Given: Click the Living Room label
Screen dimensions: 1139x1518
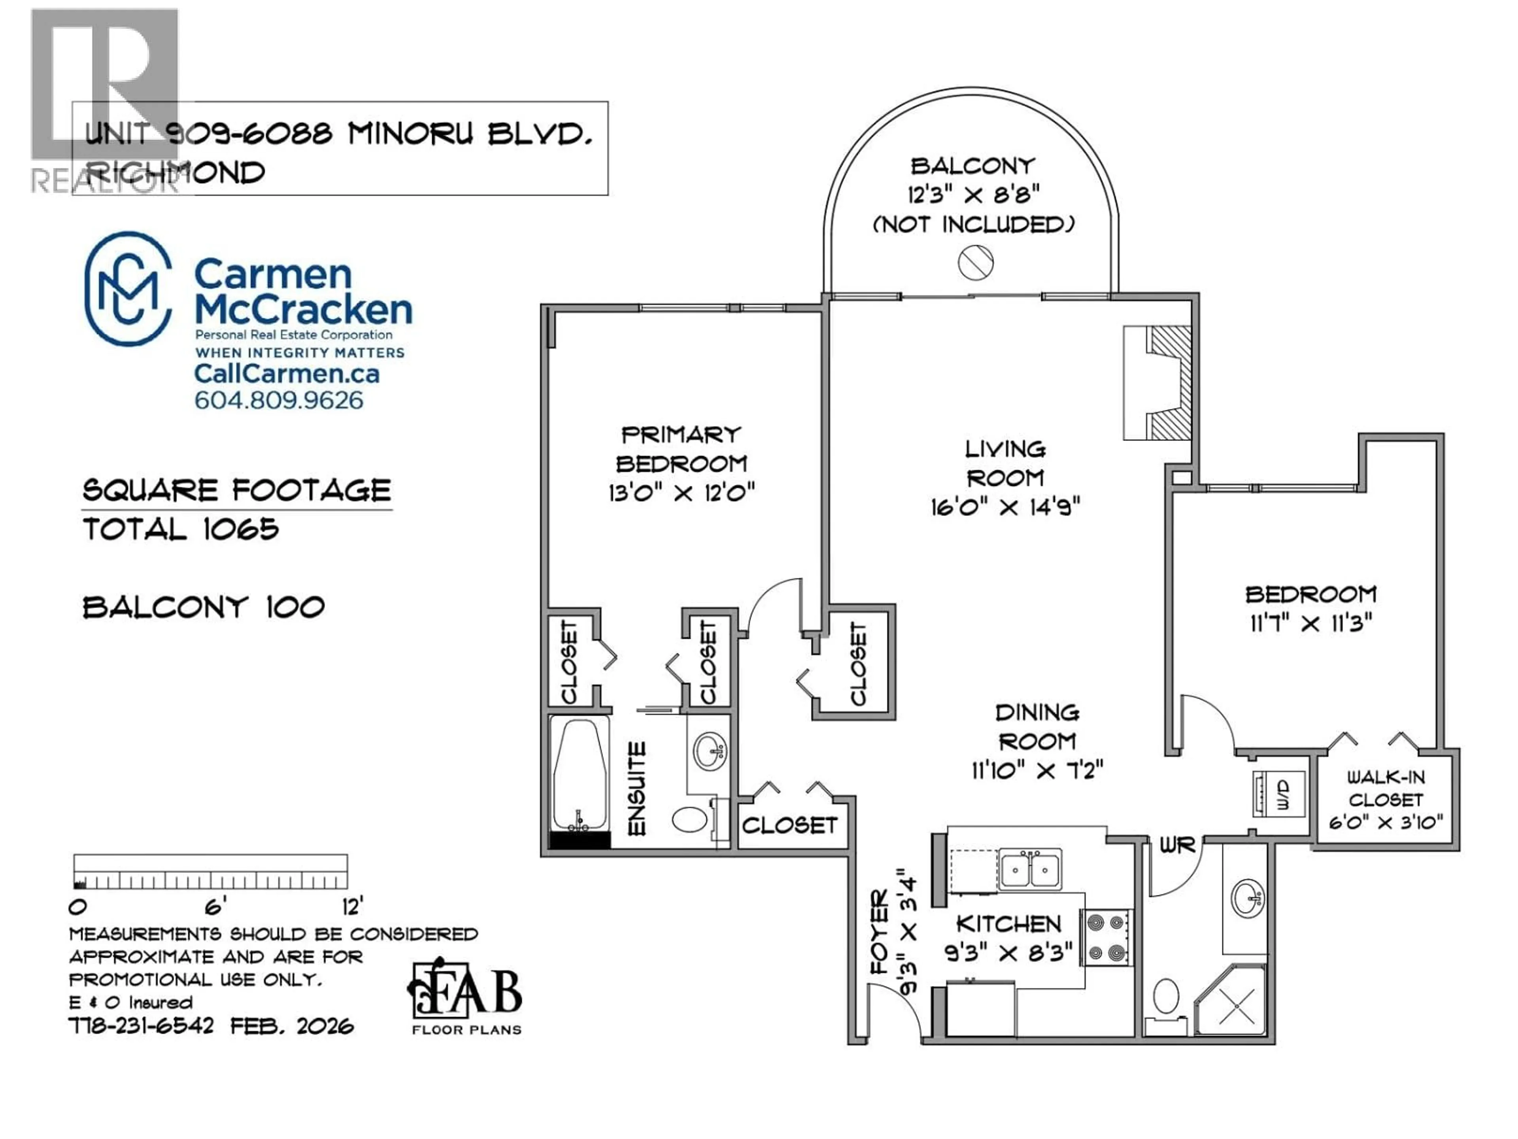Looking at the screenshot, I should [1005, 464].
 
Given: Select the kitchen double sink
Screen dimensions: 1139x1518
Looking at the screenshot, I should [1029, 870].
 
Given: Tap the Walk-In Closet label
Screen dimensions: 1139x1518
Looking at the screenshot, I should [1386, 788].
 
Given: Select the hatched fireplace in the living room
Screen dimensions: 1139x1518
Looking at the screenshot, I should [1170, 383].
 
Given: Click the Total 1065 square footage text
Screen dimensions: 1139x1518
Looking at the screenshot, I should [181, 529].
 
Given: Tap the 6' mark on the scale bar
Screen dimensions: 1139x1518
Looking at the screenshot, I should [214, 908].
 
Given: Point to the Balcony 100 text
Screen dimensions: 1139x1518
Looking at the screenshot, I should [203, 607].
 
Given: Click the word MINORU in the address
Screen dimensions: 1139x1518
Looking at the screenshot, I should [410, 134].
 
